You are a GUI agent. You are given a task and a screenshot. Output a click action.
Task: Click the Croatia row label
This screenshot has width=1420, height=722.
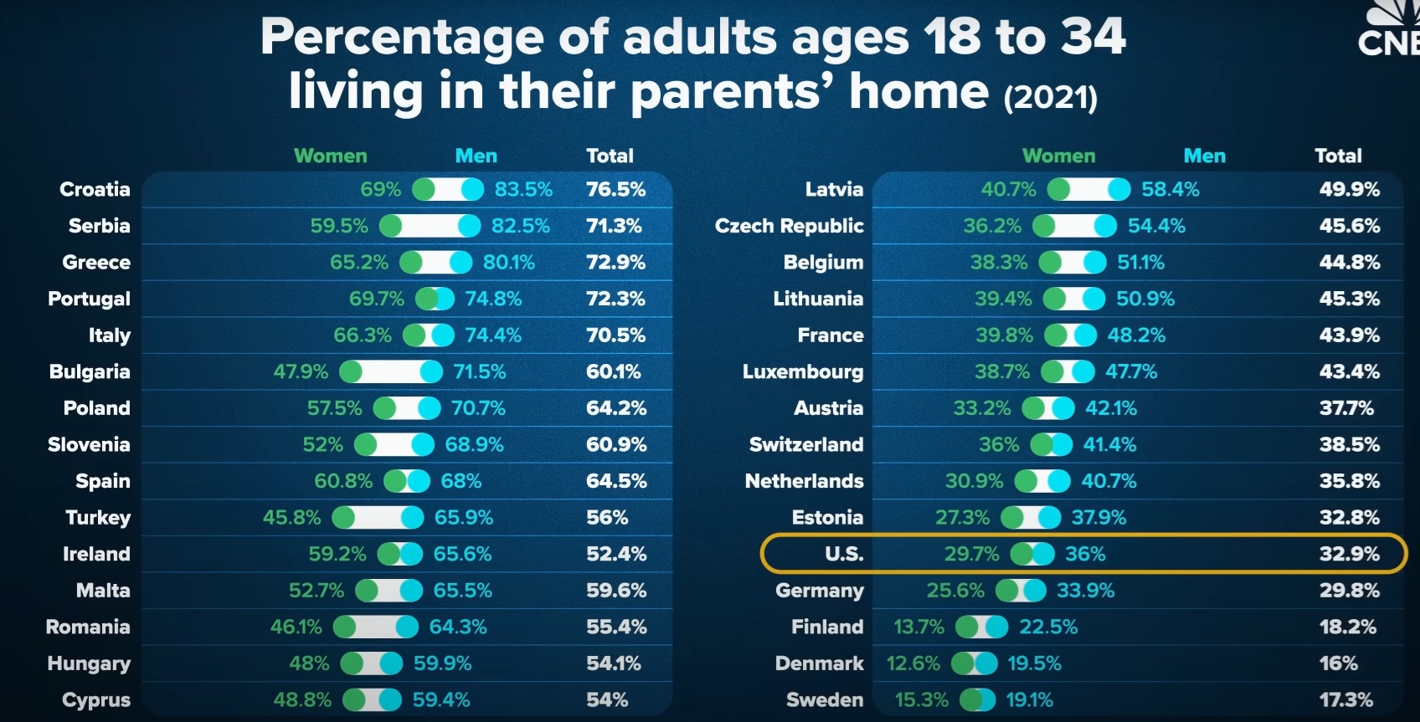click(95, 190)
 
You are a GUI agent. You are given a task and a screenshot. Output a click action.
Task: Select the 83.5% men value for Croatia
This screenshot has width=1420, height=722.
click(523, 190)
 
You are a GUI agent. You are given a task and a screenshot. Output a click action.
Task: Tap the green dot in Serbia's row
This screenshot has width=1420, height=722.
click(391, 226)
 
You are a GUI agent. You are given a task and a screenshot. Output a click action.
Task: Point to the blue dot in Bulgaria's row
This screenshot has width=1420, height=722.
click(431, 371)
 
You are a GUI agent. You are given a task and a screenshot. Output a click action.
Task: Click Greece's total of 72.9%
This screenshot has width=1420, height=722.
click(615, 263)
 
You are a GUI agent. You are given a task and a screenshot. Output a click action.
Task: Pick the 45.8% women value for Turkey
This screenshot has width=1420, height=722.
click(291, 518)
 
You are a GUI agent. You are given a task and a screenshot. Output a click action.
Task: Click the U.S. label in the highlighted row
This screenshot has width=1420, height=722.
click(844, 554)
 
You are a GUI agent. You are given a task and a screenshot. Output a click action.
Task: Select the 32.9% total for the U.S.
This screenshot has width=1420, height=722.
click(1349, 554)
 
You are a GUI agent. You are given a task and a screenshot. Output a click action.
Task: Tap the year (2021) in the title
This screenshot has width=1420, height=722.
click(1050, 98)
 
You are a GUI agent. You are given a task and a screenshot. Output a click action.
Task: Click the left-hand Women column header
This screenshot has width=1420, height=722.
click(330, 156)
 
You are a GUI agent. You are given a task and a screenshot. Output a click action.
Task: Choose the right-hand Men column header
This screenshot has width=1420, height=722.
click(1204, 156)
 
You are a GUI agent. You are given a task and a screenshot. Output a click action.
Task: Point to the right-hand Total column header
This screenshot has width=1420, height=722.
click(1338, 156)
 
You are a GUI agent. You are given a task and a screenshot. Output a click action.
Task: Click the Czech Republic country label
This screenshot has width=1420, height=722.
click(789, 226)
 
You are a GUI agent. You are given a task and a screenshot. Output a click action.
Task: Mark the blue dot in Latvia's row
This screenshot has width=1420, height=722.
click(1119, 190)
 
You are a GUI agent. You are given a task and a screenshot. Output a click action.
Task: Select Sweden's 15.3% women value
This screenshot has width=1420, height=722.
click(921, 700)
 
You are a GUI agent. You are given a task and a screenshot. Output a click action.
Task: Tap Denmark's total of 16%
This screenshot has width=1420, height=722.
click(1338, 663)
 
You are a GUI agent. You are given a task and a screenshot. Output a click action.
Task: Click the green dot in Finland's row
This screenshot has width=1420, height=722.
click(967, 627)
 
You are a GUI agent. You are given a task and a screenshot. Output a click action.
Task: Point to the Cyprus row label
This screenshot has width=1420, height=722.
click(96, 700)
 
